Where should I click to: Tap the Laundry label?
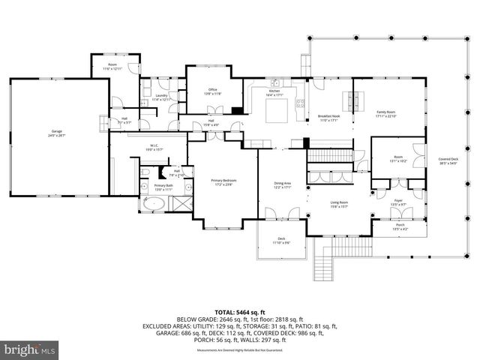161,97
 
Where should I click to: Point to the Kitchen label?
274,93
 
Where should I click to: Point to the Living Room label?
340,204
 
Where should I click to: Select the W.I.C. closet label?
153,148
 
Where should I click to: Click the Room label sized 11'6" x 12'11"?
112,67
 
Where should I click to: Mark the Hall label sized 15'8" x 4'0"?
211,123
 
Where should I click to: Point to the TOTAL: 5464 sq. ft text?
240,312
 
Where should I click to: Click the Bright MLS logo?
30,349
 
